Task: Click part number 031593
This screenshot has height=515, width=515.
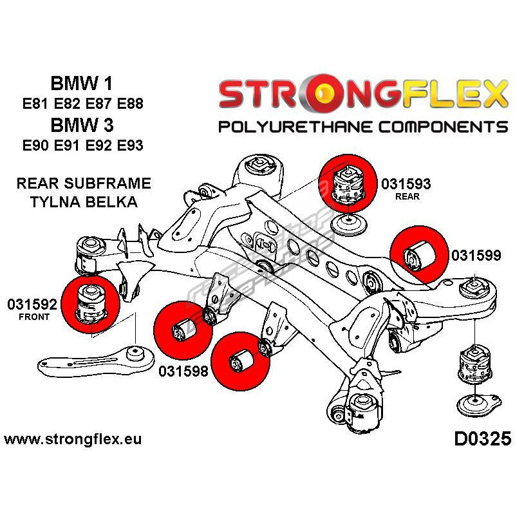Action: pos(406,183)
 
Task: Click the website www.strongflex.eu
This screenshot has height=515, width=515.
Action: pos(73,440)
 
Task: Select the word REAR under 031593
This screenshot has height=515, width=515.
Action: pos(406,196)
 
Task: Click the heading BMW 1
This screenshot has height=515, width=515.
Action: pos(80,84)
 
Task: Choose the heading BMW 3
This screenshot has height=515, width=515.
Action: pos(80,124)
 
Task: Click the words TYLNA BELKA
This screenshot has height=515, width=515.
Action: pos(84,201)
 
